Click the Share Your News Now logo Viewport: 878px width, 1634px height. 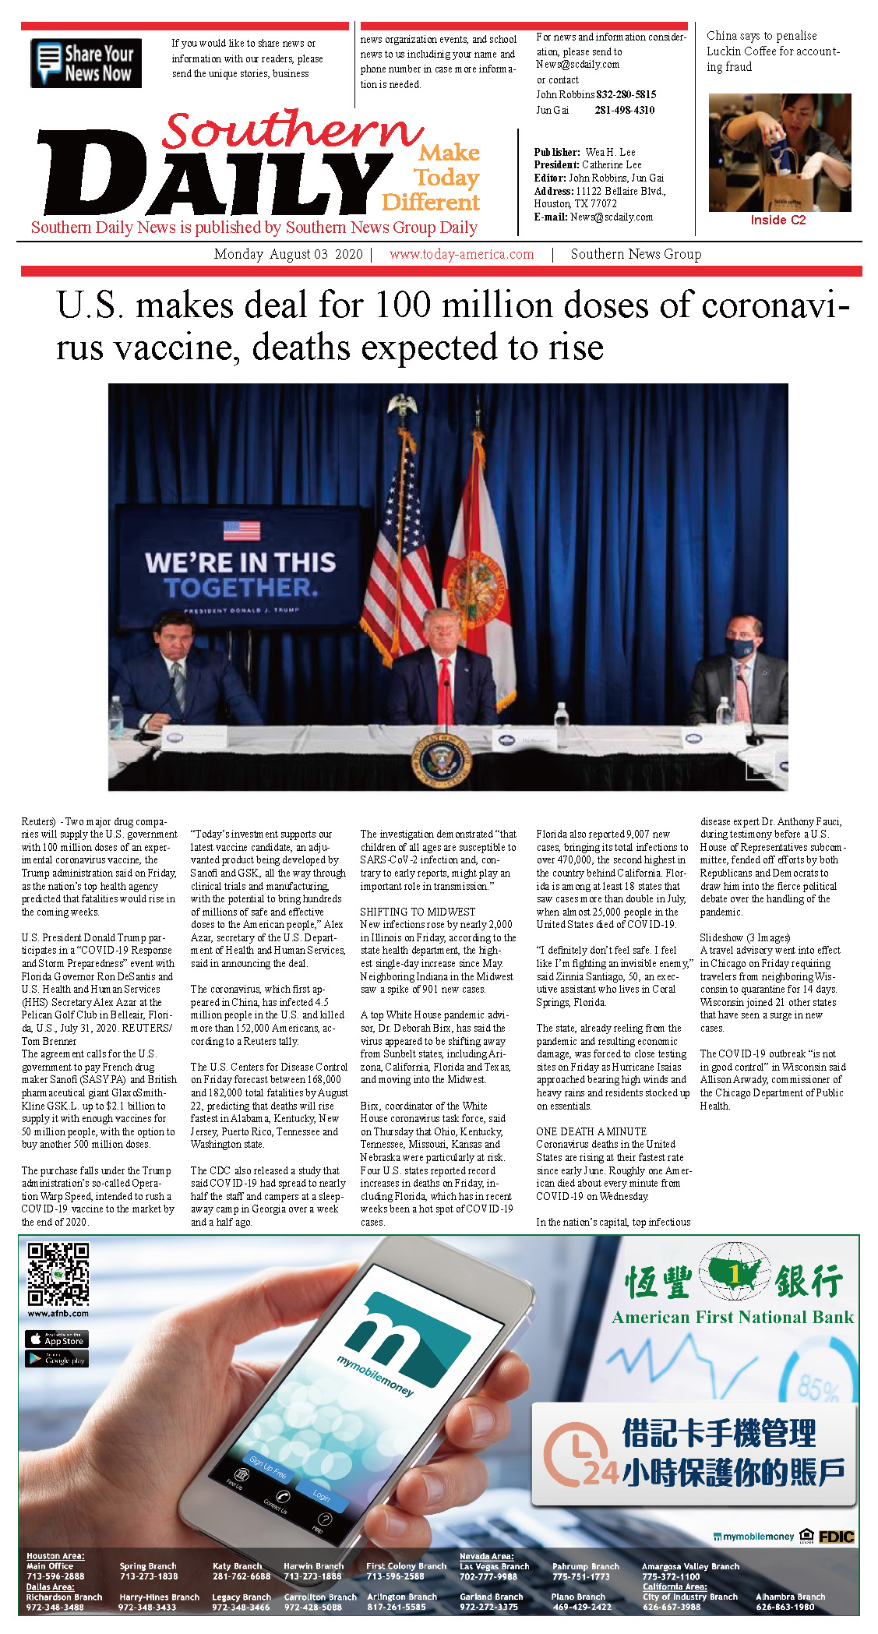click(x=86, y=63)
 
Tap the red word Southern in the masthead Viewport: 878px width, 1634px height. click(x=292, y=130)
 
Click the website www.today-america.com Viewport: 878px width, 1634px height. click(x=461, y=254)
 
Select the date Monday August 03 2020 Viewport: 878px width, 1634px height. click(x=288, y=254)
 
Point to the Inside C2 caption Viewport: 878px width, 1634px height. click(x=778, y=220)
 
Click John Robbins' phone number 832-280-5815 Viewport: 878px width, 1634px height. click(x=626, y=94)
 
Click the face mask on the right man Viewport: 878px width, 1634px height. click(x=741, y=647)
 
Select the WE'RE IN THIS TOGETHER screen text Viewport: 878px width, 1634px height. click(x=240, y=574)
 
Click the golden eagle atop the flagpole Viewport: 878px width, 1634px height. click(x=402, y=405)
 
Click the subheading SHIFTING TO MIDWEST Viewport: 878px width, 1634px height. click(x=418, y=912)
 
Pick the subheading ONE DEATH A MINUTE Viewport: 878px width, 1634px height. click(x=591, y=1131)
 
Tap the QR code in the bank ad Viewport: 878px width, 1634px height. click(x=58, y=1274)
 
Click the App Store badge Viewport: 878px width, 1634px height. click(x=57, y=1339)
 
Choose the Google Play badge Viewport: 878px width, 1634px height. click(x=57, y=1359)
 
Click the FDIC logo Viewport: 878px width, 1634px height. click(x=836, y=1537)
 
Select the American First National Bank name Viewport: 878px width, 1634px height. click(x=732, y=1318)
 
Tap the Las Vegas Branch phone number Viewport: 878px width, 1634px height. click(x=488, y=1576)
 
